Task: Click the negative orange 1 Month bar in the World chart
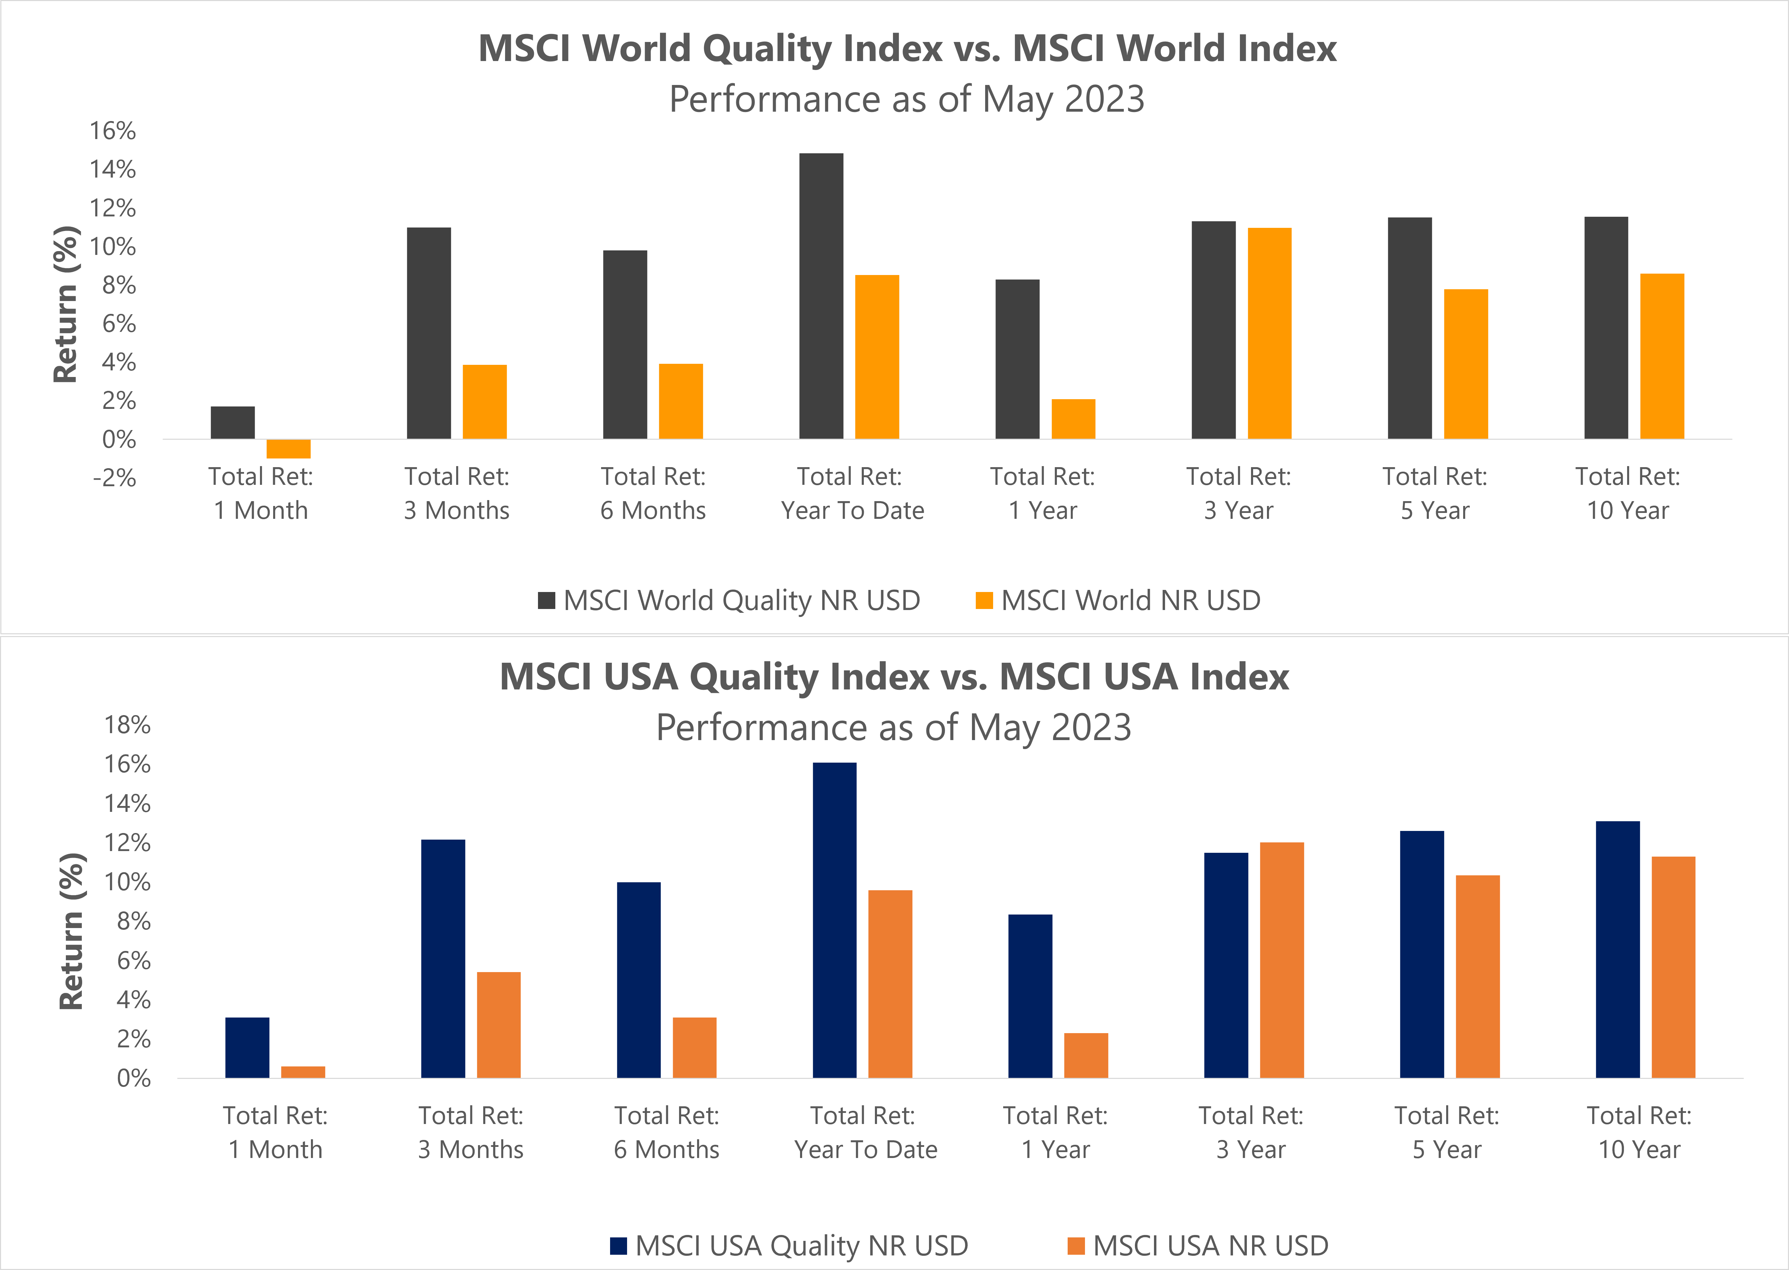(x=288, y=448)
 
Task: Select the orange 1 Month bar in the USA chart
(x=303, y=1072)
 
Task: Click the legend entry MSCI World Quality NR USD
(x=729, y=601)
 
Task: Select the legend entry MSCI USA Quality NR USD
(x=789, y=1245)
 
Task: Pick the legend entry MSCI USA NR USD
(x=1198, y=1245)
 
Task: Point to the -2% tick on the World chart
(x=115, y=478)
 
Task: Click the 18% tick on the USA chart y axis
(x=128, y=725)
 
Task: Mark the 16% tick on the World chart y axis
(x=113, y=131)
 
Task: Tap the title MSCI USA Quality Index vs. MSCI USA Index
(x=894, y=677)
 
